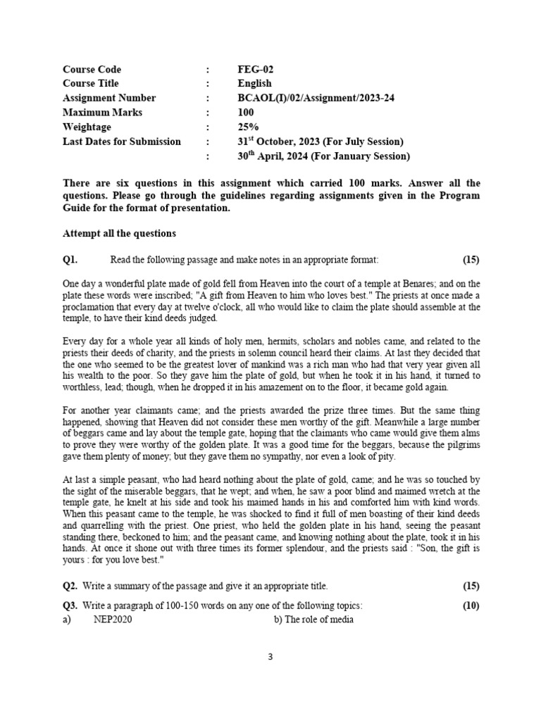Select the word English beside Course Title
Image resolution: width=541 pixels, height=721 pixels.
coord(254,84)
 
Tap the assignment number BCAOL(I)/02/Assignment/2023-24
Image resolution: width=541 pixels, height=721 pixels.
coord(316,98)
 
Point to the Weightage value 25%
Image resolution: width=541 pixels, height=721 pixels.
coord(249,127)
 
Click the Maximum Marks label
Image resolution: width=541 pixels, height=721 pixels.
coord(102,113)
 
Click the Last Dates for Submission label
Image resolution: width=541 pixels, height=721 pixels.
coord(122,142)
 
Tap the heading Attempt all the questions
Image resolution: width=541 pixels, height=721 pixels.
coord(119,233)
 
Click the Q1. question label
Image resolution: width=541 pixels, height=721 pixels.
coord(70,259)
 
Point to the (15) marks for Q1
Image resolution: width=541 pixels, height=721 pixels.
coord(471,259)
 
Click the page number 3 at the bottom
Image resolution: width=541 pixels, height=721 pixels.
coord(270,657)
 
